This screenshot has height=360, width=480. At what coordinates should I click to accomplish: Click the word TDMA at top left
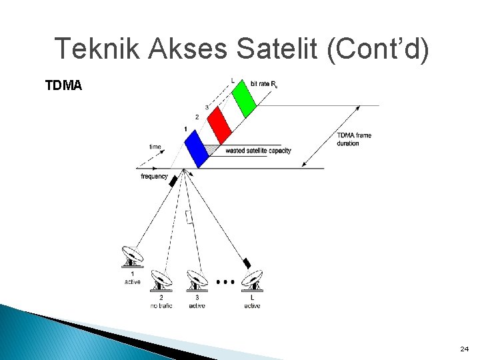click(x=63, y=85)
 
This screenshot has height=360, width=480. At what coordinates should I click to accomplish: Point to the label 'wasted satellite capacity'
click(x=258, y=151)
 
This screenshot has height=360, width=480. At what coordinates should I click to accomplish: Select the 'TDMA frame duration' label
click(x=354, y=139)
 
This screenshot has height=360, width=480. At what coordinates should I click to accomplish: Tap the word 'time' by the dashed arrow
click(x=155, y=146)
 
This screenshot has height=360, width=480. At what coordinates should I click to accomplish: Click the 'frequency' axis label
click(x=154, y=177)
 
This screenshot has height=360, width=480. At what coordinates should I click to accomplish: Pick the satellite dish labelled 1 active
click(x=132, y=257)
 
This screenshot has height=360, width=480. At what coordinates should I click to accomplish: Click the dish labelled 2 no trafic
click(x=161, y=280)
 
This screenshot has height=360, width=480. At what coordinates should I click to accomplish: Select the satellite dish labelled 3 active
click(x=197, y=280)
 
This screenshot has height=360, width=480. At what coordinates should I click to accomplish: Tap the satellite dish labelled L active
click(x=252, y=280)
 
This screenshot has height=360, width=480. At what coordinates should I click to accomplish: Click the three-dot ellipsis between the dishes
click(x=226, y=282)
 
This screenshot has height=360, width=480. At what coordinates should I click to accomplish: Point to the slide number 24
click(x=465, y=349)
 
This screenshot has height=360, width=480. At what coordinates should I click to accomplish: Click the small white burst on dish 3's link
click(x=190, y=216)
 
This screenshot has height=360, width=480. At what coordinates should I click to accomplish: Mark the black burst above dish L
click(x=247, y=263)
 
